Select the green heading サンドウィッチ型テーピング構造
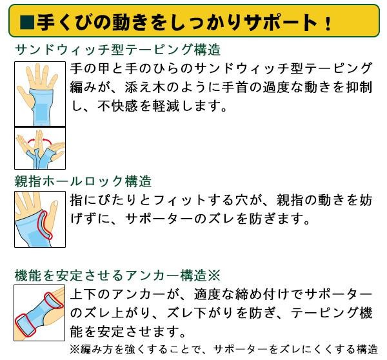117,50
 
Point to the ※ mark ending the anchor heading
215,275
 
